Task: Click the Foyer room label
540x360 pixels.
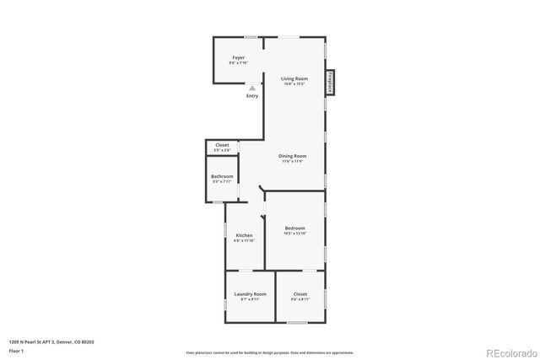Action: pyautogui.click(x=238, y=57)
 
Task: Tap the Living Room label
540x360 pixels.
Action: pyautogui.click(x=294, y=78)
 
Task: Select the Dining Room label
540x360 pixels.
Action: pyautogui.click(x=293, y=156)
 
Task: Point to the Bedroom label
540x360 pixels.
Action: pyautogui.click(x=294, y=228)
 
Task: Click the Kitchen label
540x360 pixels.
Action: pyautogui.click(x=244, y=235)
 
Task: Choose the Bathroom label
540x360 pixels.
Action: pyautogui.click(x=222, y=176)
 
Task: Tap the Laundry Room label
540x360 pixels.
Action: pyautogui.click(x=250, y=293)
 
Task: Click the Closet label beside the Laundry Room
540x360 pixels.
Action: pyautogui.click(x=300, y=293)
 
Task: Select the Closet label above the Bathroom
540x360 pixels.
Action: pyautogui.click(x=222, y=145)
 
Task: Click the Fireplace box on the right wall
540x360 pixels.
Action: pyautogui.click(x=330, y=82)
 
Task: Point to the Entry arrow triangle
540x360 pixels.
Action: pyautogui.click(x=252, y=88)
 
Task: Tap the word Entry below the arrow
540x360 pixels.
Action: pyautogui.click(x=252, y=96)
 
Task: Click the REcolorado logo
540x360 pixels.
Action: pyautogui.click(x=504, y=352)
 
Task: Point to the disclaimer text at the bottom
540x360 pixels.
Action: pyautogui.click(x=270, y=352)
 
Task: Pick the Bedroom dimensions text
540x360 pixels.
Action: pyautogui.click(x=294, y=233)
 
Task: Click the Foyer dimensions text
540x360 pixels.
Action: pyautogui.click(x=238, y=62)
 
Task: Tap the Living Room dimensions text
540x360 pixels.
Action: pyautogui.click(x=294, y=83)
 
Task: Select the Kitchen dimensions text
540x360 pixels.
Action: pyautogui.click(x=244, y=240)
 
